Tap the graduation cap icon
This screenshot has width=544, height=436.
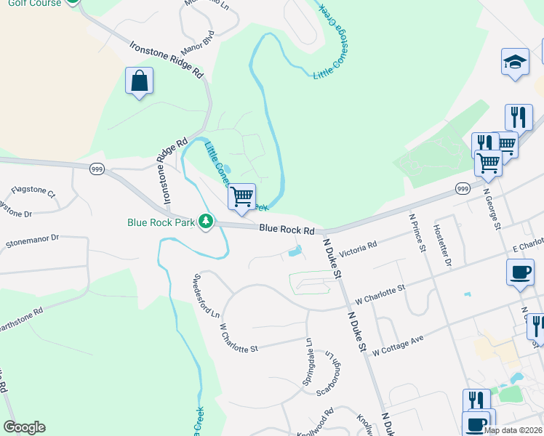(515, 62)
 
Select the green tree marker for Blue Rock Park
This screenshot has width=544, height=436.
(206, 222)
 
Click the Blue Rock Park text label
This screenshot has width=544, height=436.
(161, 222)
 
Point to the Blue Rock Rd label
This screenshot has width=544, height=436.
(287, 229)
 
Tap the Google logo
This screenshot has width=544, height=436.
(24, 427)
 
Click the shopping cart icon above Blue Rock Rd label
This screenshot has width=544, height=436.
(241, 195)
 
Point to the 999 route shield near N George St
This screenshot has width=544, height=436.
(462, 188)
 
